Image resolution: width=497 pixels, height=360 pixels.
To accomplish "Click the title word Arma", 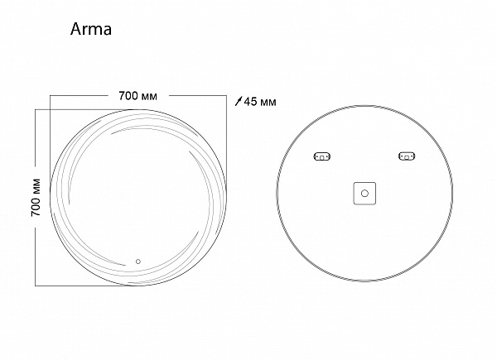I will point(86,31).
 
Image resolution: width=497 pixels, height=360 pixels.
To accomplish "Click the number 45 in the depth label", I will point(252,102).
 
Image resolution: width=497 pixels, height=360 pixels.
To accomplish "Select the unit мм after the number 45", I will point(268,102).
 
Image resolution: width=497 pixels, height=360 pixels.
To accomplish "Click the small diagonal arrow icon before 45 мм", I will point(239,102).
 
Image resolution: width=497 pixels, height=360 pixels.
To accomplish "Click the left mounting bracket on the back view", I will point(321,156).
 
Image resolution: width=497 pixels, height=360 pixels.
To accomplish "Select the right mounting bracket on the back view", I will point(407,156).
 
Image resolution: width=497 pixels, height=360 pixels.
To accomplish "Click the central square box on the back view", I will point(364,193).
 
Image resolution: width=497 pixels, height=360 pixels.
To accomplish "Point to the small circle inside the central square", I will point(364,193).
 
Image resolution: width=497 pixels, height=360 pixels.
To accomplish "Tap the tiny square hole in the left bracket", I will point(318,156).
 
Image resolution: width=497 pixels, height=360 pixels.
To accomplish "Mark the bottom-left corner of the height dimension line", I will point(35,286).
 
